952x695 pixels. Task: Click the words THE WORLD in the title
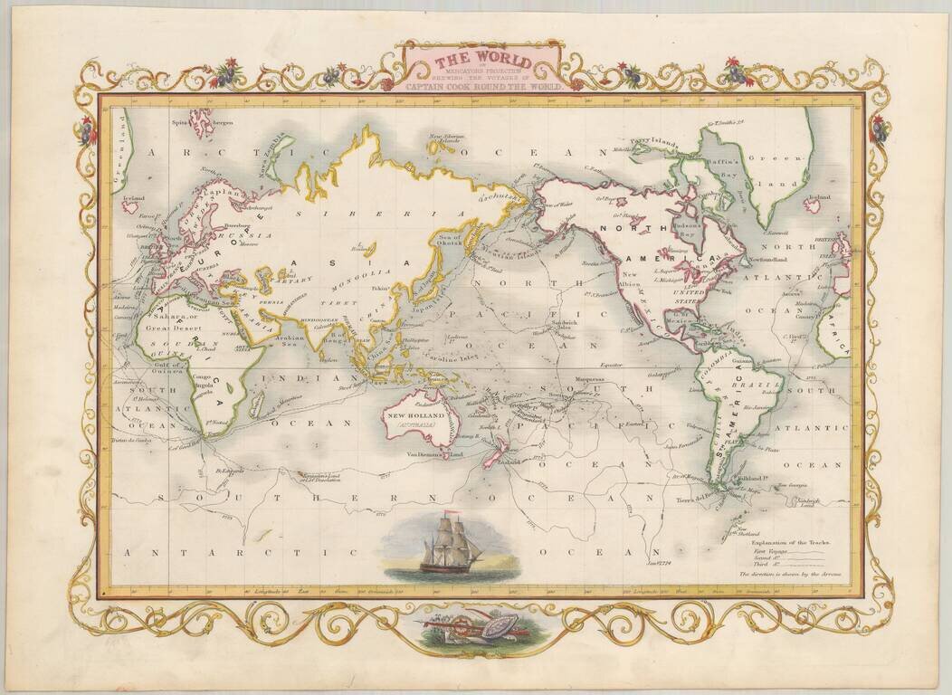481,62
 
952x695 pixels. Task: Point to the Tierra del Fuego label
696,499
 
